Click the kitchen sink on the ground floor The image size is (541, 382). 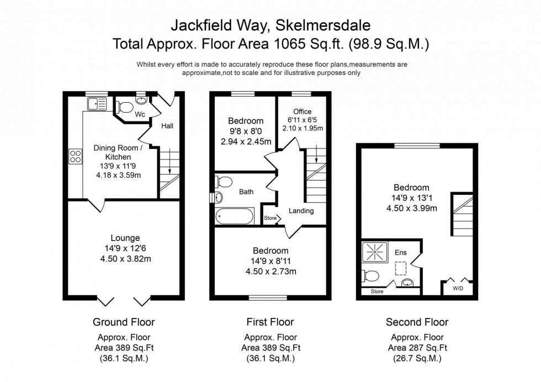[97, 103]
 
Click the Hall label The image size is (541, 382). [167, 126]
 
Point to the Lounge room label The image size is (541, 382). [124, 238]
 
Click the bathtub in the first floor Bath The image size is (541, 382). [235, 216]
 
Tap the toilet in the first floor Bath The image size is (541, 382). [225, 182]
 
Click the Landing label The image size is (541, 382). [301, 211]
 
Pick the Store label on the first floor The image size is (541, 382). [269, 219]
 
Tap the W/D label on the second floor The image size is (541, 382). [458, 288]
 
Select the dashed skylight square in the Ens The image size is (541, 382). [401, 268]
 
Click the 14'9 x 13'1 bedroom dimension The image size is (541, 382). [411, 198]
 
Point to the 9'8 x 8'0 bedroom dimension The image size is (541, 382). [246, 131]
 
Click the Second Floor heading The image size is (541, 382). [417, 322]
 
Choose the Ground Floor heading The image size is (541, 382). [124, 322]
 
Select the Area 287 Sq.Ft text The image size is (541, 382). [417, 348]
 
